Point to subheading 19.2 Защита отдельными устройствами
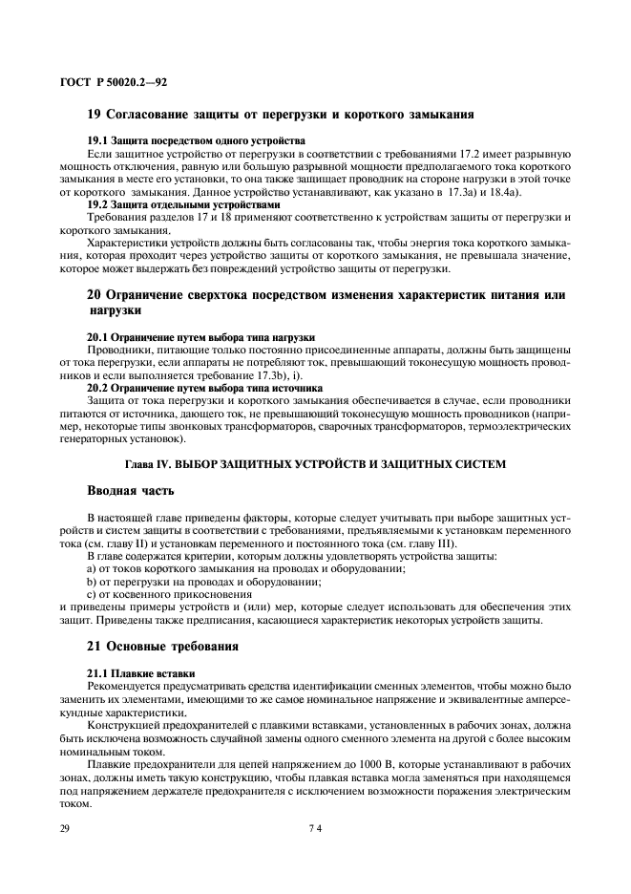[x=184, y=204]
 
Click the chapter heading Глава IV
[x=315, y=464]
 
